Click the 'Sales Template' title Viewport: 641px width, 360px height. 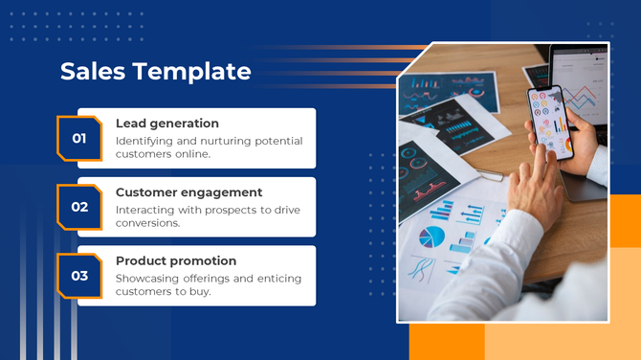point(155,72)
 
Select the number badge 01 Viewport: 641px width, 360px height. point(79,138)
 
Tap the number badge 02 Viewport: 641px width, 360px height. point(79,207)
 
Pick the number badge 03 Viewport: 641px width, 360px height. point(79,276)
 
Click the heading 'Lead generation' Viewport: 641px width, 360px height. point(166,124)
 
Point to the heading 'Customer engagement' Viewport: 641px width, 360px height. point(188,192)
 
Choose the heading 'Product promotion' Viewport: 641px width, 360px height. point(175,260)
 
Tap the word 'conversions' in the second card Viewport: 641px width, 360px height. point(148,223)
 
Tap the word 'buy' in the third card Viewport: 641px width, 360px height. point(200,292)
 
